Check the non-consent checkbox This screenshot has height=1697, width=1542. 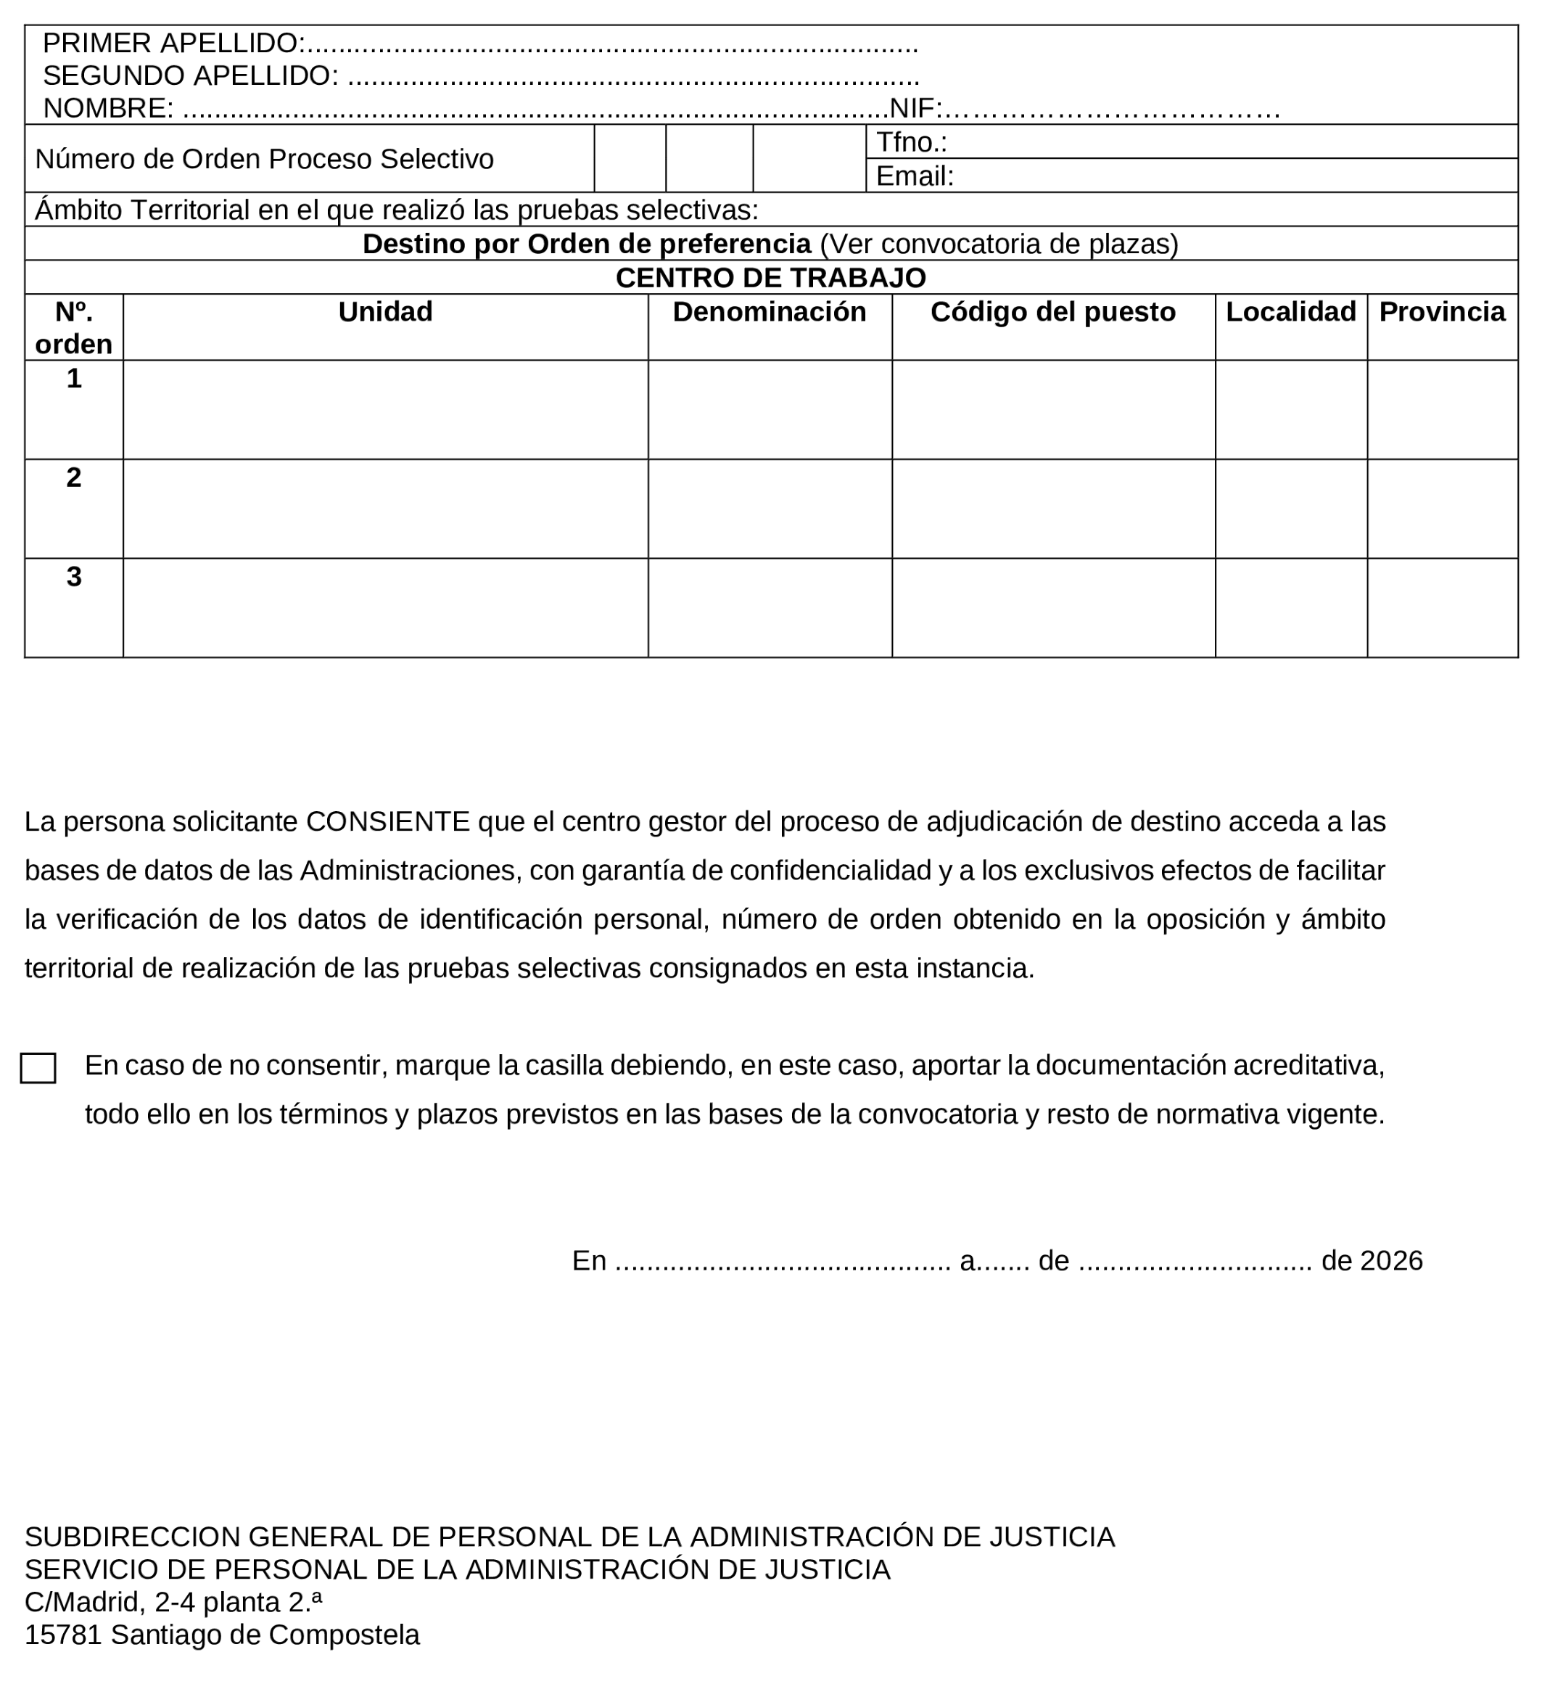38,1068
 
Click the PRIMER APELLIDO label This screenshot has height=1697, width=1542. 173,43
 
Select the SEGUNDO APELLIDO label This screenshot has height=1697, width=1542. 189,75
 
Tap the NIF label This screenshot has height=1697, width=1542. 914,109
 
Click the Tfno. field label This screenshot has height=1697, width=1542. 911,142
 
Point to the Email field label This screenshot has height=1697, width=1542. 914,176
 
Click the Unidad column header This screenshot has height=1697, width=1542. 386,312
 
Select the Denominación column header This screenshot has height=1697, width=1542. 770,312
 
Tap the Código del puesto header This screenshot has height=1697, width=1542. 1052,312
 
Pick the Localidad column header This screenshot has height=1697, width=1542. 1290,312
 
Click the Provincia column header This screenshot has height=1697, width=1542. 1441,312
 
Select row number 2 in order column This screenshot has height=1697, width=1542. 74,477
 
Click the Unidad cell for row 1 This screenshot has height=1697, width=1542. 386,410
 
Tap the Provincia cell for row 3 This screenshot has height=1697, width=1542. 1442,608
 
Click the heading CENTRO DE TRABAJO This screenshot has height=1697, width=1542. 770,278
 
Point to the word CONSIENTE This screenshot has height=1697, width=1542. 387,821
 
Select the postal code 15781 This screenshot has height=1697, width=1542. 63,1635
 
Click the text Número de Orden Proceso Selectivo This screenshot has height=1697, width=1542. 264,159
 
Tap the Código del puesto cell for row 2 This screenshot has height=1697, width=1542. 1053,509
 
